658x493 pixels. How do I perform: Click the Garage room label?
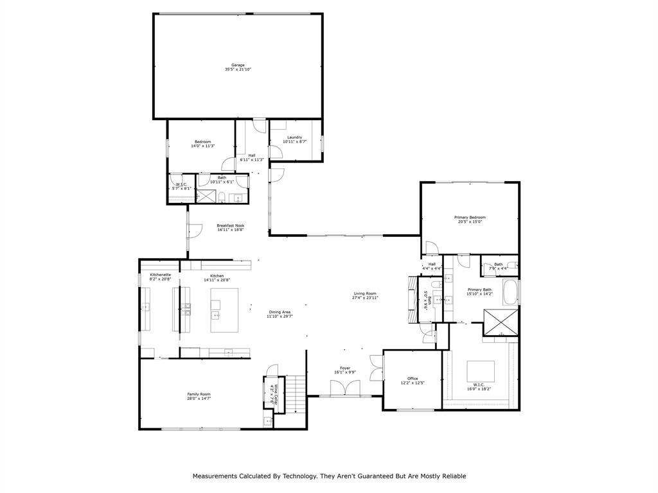[238, 65]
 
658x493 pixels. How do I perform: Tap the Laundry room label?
[294, 137]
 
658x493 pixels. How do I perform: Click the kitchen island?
[224, 309]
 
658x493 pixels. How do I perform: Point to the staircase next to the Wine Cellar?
[294, 394]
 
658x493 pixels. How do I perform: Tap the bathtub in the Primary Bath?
[511, 292]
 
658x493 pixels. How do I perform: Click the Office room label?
[413, 378]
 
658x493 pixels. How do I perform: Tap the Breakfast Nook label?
[230, 225]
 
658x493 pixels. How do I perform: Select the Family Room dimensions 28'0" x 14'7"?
[199, 399]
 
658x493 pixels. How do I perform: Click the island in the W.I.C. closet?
[480, 371]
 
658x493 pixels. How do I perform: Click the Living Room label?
[365, 293]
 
